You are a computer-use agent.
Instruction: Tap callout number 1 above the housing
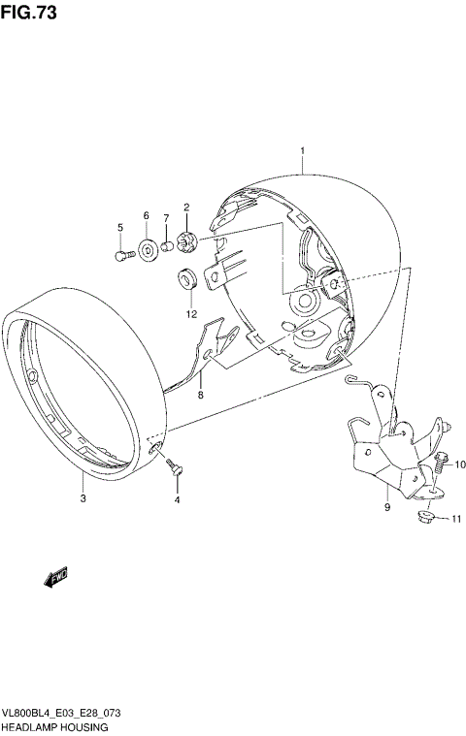point(303,151)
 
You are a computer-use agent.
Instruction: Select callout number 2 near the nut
point(186,208)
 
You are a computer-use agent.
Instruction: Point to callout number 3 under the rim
point(83,499)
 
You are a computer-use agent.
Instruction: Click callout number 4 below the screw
point(177,500)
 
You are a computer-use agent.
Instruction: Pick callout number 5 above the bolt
point(120,228)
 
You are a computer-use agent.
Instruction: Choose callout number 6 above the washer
point(147,215)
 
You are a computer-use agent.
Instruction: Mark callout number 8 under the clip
point(201,395)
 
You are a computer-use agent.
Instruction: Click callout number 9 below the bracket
point(386,506)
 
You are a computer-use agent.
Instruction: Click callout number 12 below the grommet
point(191,314)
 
